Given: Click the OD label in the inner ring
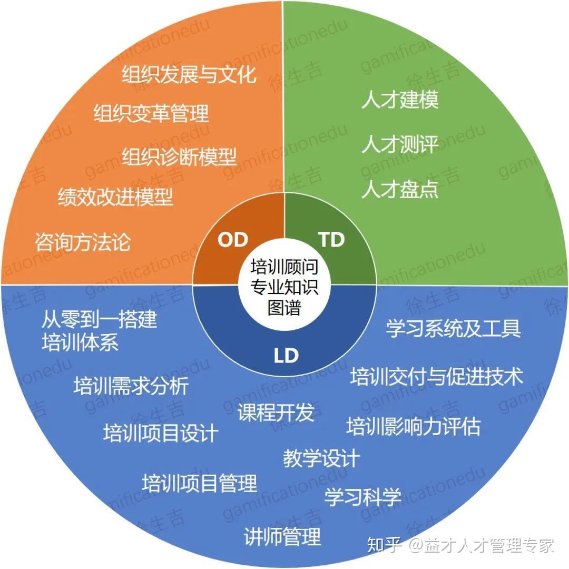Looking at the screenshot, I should click(x=233, y=240).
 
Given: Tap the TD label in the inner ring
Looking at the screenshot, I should click(x=331, y=240).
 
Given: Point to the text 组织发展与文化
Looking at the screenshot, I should click(x=189, y=74).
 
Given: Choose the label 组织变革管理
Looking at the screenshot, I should click(x=151, y=113).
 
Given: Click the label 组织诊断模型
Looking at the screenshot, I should click(x=180, y=156).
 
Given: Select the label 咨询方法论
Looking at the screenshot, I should click(x=83, y=242).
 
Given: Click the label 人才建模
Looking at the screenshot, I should click(x=400, y=100).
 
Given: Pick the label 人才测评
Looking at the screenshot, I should click(x=400, y=144).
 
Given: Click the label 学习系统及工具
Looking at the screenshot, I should click(x=453, y=328).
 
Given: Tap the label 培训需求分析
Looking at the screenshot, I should click(x=131, y=386).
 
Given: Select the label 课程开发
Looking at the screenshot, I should click(x=276, y=413).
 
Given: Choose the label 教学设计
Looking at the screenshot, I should click(x=321, y=458).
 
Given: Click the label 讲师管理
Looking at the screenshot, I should click(x=282, y=537).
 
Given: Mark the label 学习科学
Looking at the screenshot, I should click(x=363, y=496).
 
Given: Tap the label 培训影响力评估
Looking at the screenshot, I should click(x=414, y=426).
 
